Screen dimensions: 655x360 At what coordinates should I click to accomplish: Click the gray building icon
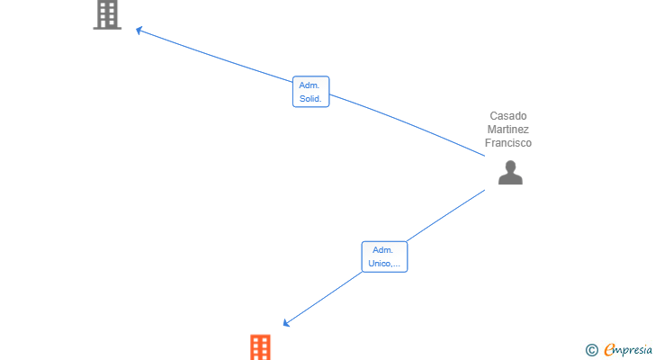click(107, 15)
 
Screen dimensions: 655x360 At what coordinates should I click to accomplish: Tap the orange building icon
click(260, 347)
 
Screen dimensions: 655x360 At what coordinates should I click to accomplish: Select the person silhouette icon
click(510, 173)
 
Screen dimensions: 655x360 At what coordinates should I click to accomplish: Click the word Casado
click(508, 116)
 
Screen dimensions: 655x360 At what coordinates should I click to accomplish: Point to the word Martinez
click(508, 130)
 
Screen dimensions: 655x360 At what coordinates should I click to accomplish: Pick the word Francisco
click(508, 143)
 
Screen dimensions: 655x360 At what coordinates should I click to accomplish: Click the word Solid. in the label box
click(310, 99)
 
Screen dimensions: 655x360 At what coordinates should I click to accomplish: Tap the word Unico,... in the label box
click(384, 264)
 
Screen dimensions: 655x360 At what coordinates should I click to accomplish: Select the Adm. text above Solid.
click(310, 85)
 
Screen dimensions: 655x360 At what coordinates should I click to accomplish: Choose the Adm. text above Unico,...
click(382, 250)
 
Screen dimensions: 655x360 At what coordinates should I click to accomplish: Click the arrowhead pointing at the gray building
click(139, 30)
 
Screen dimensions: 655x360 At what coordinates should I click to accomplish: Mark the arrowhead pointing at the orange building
click(286, 323)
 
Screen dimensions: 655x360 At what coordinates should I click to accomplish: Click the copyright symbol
click(591, 350)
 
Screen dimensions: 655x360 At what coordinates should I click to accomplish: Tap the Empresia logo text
click(628, 350)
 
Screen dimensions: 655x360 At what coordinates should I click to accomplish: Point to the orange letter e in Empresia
click(609, 349)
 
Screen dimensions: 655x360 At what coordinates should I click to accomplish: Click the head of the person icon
click(510, 166)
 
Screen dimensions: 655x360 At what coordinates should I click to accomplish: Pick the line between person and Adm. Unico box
click(445, 216)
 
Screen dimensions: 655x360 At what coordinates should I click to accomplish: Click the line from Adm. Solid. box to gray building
click(215, 55)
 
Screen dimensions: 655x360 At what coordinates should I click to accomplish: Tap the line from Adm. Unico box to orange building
click(322, 298)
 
